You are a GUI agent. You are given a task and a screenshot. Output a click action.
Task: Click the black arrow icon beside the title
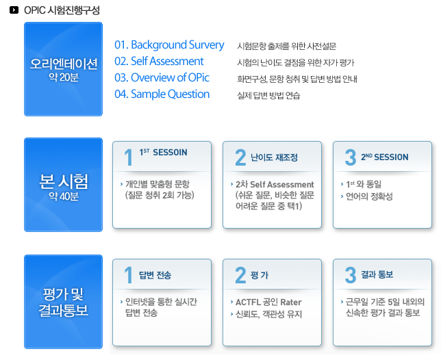[14, 10]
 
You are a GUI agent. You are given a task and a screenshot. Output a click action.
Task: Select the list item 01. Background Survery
[169, 45]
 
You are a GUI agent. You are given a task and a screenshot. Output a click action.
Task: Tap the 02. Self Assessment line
[159, 62]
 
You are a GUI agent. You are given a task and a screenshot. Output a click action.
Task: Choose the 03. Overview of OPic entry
[162, 77]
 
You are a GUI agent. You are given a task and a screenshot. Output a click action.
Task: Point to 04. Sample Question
[162, 94]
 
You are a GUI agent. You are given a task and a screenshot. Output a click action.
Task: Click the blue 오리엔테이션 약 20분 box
[63, 69]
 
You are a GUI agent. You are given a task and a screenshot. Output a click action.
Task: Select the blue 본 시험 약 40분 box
[63, 185]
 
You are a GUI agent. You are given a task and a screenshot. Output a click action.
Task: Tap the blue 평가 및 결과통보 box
[63, 302]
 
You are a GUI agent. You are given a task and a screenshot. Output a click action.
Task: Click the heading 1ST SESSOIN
[164, 153]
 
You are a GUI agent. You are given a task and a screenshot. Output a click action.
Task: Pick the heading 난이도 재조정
[274, 157]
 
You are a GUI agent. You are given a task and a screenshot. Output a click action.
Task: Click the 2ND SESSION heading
[384, 157]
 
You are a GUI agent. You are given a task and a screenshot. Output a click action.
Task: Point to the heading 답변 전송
[155, 275]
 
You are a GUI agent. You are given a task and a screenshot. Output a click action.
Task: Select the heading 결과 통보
[377, 274]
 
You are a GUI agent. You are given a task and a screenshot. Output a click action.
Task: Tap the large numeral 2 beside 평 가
[240, 275]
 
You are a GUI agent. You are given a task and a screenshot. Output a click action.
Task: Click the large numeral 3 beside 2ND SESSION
[351, 157]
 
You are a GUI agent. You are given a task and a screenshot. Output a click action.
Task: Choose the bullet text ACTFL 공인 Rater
[268, 302]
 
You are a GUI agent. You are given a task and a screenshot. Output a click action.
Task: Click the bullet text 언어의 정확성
[369, 196]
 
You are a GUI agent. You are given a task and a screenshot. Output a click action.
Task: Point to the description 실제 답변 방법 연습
[268, 96]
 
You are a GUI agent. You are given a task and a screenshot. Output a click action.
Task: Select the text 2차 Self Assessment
[275, 184]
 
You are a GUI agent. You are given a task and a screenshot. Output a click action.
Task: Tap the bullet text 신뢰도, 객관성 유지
[268, 314]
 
